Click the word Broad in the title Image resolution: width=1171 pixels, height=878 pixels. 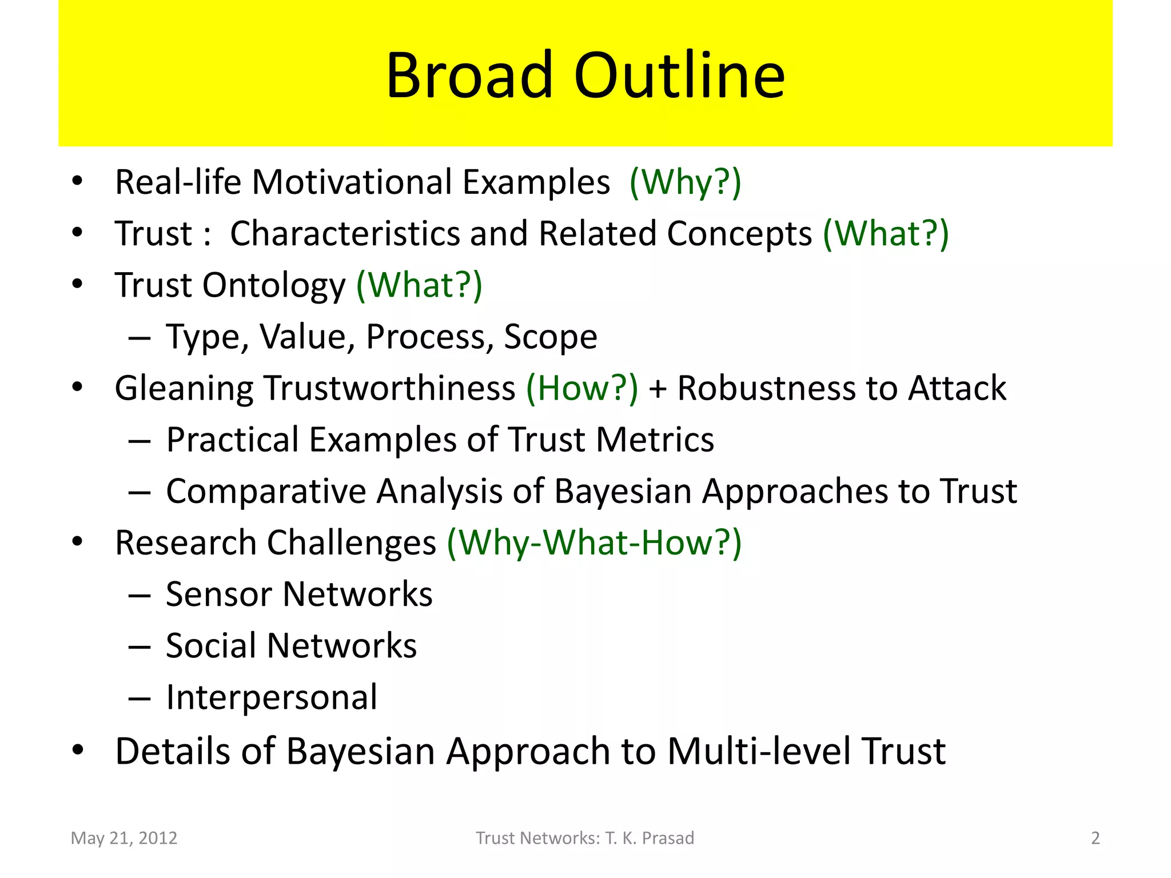coord(469,75)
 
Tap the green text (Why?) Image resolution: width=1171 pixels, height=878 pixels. coord(685,182)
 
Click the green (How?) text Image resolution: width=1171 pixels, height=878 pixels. coord(582,388)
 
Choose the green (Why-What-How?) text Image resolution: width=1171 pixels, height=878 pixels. coord(594,542)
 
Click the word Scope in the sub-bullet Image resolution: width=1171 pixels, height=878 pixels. coord(550,337)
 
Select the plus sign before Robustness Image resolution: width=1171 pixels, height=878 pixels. coord(658,389)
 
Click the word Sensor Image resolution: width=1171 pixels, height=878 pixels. coord(219,594)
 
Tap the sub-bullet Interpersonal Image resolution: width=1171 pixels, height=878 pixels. coord(272,697)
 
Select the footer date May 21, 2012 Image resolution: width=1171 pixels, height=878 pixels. coord(124,838)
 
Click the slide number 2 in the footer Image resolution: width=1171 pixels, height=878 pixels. coord(1095,838)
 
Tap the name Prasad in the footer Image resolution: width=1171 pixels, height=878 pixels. coord(668,838)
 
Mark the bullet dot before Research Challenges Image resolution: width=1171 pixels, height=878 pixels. coord(78,541)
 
